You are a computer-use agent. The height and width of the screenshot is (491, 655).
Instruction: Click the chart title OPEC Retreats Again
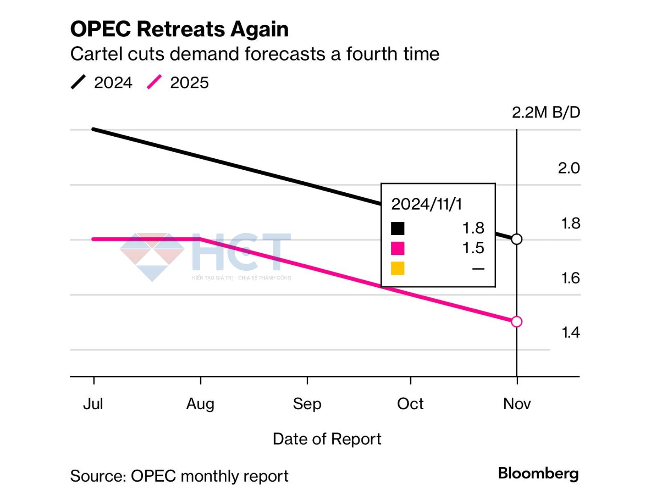(179, 29)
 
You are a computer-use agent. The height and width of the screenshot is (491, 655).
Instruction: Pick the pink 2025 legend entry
(178, 83)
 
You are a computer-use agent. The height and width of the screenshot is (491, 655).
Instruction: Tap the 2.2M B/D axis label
(546, 113)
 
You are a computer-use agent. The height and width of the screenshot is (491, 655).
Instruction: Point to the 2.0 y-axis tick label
(569, 168)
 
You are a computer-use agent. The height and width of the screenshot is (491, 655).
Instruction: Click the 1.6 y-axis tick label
(570, 278)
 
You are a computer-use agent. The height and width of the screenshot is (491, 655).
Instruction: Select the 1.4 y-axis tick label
(570, 333)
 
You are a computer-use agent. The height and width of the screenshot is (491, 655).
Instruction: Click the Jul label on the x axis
(93, 404)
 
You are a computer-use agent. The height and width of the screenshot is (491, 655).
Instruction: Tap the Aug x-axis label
(200, 404)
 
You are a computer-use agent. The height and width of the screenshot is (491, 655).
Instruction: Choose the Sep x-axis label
(307, 404)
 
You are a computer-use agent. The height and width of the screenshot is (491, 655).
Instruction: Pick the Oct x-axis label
(410, 404)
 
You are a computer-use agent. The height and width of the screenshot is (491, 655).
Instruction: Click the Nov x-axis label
(517, 404)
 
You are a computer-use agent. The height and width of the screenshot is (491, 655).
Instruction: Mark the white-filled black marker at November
(517, 239)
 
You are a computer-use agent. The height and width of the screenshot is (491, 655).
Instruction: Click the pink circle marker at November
(517, 322)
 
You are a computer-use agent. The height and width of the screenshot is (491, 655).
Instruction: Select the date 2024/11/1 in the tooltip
(426, 204)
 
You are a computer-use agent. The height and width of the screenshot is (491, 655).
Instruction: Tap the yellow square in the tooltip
(398, 268)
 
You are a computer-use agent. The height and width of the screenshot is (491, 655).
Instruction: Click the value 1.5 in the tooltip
(473, 248)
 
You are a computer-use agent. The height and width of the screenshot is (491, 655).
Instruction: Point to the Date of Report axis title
(327, 439)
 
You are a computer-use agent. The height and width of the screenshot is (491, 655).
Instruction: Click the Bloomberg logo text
(538, 473)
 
